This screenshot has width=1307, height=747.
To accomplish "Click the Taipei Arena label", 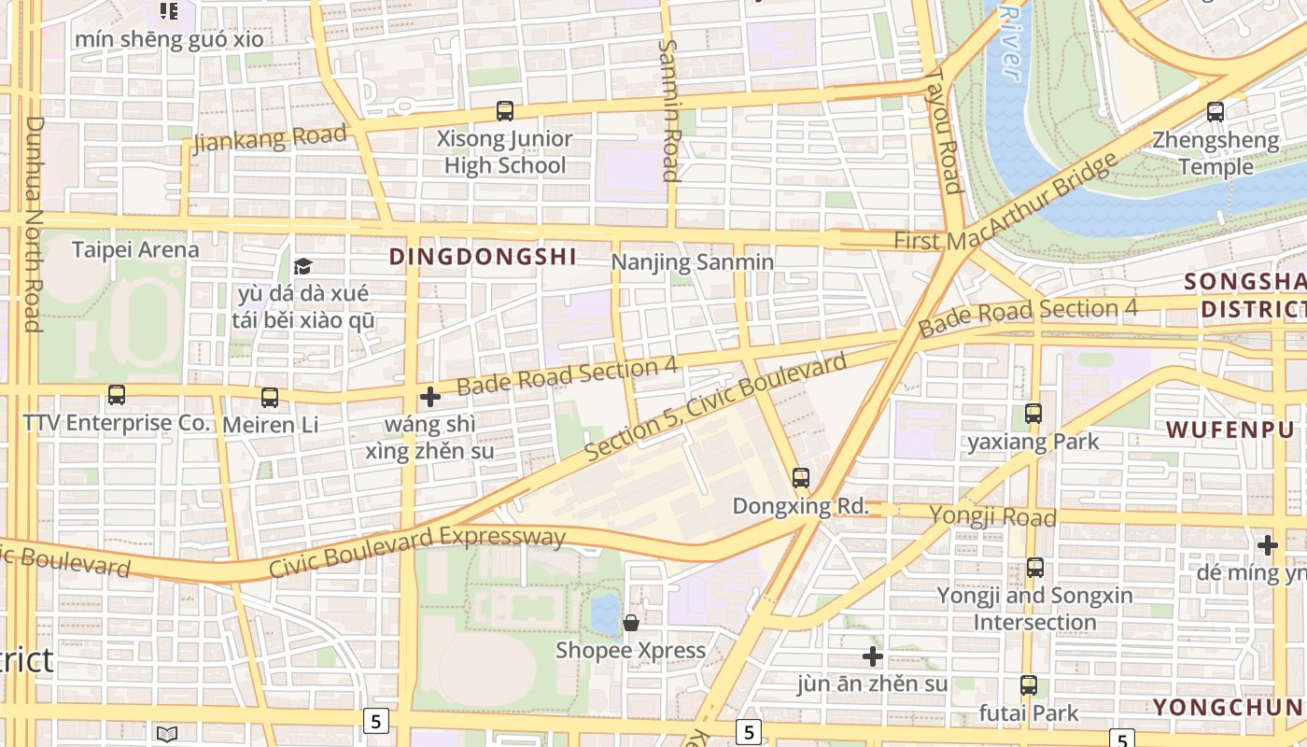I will pyautogui.click(x=135, y=249).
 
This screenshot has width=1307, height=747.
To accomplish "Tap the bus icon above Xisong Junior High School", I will pyautogui.click(x=505, y=111).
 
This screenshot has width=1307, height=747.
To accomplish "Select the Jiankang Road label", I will pyautogui.click(x=269, y=137).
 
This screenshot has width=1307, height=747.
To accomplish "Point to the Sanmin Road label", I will pyautogui.click(x=669, y=109).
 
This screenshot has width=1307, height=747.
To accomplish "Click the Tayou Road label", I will pyautogui.click(x=944, y=131).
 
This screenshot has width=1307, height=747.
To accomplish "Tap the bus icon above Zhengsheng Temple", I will pyautogui.click(x=1216, y=112).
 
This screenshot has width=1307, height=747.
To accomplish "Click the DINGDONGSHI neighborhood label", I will pyautogui.click(x=482, y=257).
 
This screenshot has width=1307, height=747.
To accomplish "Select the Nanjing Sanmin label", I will pyautogui.click(x=692, y=262).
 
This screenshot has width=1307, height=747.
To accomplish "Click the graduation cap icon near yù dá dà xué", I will pyautogui.click(x=302, y=267).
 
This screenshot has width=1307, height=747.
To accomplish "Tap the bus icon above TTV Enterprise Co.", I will pyautogui.click(x=117, y=395).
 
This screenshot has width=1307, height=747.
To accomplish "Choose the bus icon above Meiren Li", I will pyautogui.click(x=270, y=398).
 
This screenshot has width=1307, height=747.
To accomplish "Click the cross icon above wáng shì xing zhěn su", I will pyautogui.click(x=429, y=398).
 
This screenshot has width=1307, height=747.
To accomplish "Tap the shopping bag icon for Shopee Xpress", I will pyautogui.click(x=631, y=623).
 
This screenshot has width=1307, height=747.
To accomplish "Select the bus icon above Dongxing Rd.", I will pyautogui.click(x=800, y=478).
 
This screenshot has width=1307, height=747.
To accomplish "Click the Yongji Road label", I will pyautogui.click(x=993, y=516).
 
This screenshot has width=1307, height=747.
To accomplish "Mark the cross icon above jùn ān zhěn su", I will pyautogui.click(x=872, y=656).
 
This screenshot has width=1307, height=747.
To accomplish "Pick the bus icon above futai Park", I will pyautogui.click(x=1028, y=685).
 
